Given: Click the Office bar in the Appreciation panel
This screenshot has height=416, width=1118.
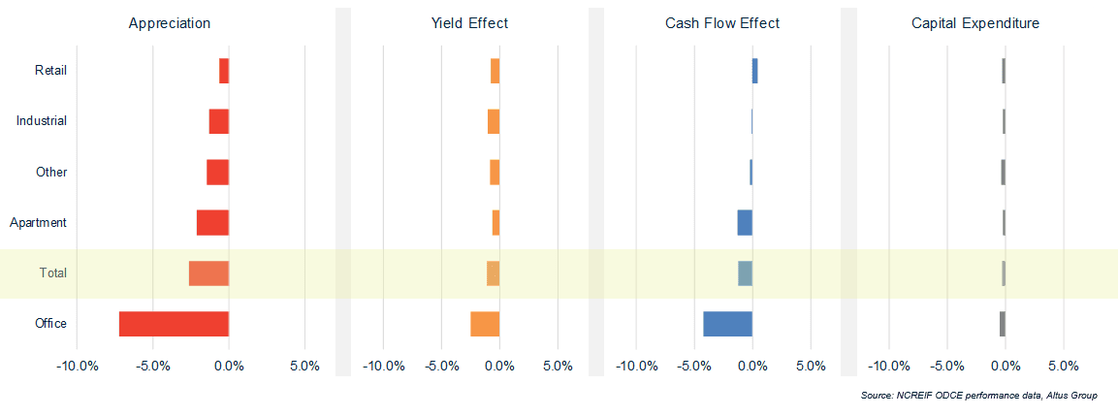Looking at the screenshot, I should click(x=174, y=324).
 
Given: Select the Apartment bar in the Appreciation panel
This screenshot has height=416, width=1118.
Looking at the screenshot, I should click(x=212, y=222).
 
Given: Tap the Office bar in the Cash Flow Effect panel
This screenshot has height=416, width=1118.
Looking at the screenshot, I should click(x=727, y=324).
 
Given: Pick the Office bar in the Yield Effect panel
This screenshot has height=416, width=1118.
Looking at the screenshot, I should click(x=485, y=324).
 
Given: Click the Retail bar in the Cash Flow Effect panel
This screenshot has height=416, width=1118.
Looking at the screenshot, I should click(x=754, y=71).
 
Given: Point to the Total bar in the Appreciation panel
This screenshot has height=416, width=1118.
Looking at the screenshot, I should click(x=208, y=273).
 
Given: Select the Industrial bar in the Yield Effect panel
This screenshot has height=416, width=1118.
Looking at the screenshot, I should click(x=494, y=121).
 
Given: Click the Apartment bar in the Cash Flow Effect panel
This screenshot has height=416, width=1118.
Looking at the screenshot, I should click(x=745, y=222).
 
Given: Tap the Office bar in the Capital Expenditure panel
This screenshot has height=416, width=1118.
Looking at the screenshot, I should click(x=1003, y=324).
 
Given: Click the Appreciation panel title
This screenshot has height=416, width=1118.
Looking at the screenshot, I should click(x=170, y=23).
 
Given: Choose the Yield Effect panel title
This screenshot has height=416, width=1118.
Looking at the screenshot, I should click(x=469, y=23).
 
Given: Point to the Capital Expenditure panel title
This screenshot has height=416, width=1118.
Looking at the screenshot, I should click(x=975, y=23).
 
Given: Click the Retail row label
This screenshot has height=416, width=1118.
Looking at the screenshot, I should click(x=50, y=71).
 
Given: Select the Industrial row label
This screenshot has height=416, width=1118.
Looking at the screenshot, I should click(x=42, y=121).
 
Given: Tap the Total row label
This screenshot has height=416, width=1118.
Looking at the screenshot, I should click(x=53, y=273).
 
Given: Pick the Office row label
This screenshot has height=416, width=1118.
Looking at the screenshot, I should click(x=50, y=324).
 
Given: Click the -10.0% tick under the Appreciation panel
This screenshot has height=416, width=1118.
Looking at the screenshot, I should click(x=77, y=367).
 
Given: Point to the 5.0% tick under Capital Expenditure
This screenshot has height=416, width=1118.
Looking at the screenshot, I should click(x=1064, y=367).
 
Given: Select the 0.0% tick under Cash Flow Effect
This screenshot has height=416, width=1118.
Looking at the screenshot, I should click(x=752, y=367).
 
